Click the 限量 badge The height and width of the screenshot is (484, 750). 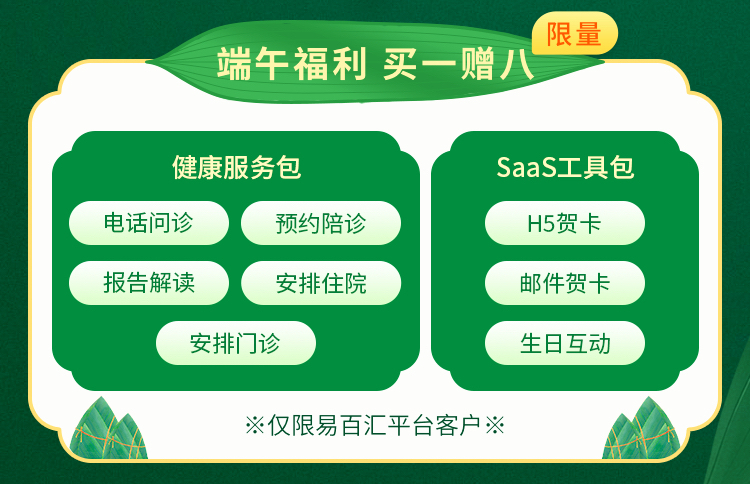(574, 33)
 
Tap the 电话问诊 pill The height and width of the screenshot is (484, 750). (149, 223)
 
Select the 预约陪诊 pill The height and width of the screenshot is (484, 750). (321, 223)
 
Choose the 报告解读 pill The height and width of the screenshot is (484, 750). (149, 283)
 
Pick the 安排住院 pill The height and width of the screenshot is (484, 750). (321, 283)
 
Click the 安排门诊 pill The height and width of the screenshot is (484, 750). (236, 343)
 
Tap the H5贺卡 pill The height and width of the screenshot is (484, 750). (565, 223)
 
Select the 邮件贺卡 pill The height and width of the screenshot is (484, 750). (565, 283)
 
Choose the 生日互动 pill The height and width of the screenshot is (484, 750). (565, 343)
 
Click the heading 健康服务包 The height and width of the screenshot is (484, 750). (237, 167)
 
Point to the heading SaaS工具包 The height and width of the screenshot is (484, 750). (565, 167)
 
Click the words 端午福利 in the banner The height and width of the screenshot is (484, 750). (292, 64)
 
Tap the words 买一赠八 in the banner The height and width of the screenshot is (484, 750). (458, 64)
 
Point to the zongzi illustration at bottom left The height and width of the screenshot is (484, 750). (109, 428)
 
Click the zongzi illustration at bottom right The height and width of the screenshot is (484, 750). (641, 428)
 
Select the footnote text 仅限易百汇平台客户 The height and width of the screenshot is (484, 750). (374, 425)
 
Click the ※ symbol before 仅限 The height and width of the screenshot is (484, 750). (255, 425)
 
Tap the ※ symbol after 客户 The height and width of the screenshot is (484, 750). (495, 425)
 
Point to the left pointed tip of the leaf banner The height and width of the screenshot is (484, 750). (146, 61)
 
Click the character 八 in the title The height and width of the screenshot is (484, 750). (517, 65)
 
